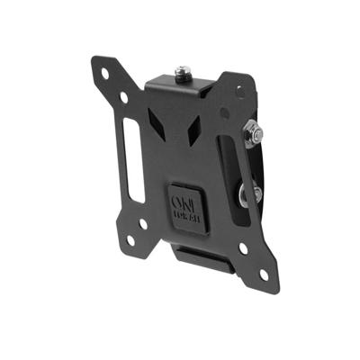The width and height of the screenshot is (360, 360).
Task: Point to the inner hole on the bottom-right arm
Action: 241,248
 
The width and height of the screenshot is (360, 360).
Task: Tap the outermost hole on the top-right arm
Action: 238,90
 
